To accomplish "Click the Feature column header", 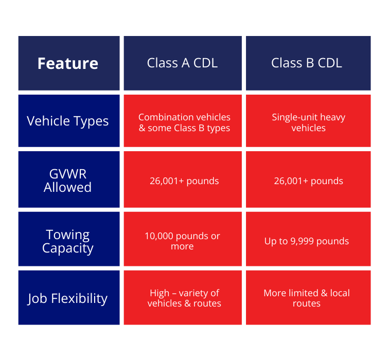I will tap(68, 63).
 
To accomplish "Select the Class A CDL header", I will tap(182, 63).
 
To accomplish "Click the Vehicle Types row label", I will tap(68, 121).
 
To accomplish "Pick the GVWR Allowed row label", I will tap(68, 181).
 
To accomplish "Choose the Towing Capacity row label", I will tap(68, 241).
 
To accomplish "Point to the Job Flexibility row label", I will tap(68, 298).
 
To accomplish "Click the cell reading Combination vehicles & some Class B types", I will tap(184, 122).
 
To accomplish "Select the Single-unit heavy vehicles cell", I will tap(308, 122).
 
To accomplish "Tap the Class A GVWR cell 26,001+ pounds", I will tap(184, 181).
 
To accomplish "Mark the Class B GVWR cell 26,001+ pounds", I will tap(308, 181).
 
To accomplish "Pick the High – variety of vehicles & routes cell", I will tap(184, 298).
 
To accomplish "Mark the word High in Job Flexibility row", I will tap(160, 293).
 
